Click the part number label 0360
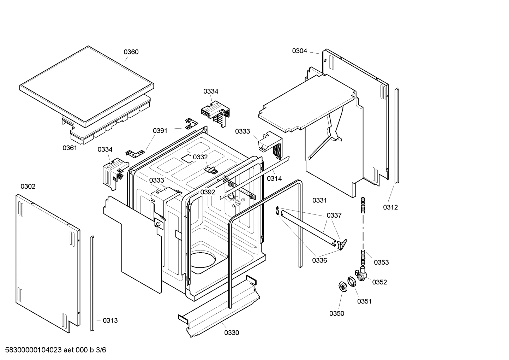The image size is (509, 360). [x=131, y=52]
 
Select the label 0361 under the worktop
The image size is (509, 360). [x=70, y=148]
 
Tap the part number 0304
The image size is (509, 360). [x=299, y=51]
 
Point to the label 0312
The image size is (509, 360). [x=390, y=207]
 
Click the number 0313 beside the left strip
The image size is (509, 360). [x=110, y=320]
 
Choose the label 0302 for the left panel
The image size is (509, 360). [x=28, y=186]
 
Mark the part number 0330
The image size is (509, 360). [x=232, y=332]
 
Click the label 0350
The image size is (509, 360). [x=337, y=313]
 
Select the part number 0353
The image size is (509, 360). [x=381, y=262]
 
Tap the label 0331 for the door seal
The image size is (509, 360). [x=319, y=200]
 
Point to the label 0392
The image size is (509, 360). [x=208, y=192]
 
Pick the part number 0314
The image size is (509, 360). [x=274, y=178]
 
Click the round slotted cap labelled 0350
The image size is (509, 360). [x=342, y=287]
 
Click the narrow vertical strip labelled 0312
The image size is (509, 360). [x=396, y=136]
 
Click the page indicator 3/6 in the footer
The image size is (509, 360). [x=101, y=350]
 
